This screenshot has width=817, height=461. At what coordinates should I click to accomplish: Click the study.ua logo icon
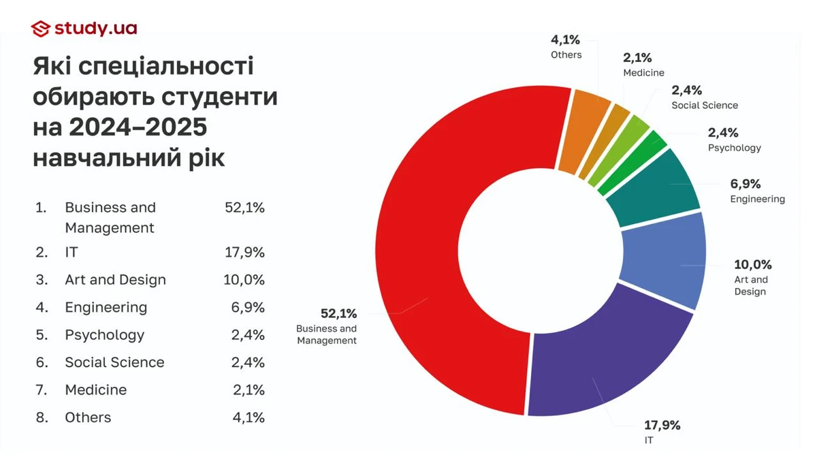click(x=41, y=28)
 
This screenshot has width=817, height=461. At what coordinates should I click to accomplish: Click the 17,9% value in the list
click(x=244, y=253)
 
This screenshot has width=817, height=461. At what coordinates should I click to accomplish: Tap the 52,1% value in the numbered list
click(x=244, y=208)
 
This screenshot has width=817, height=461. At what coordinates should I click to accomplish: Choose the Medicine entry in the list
click(x=96, y=390)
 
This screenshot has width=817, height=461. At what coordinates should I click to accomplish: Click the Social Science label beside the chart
click(x=705, y=106)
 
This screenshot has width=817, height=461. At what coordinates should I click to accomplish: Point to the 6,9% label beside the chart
click(x=745, y=184)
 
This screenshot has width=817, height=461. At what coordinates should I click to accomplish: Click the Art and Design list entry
click(x=115, y=280)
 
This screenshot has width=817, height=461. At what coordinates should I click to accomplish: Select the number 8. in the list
click(x=42, y=417)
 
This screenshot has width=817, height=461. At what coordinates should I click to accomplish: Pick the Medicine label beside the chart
click(x=643, y=73)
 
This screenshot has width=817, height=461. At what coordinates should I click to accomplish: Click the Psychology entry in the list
click(x=105, y=335)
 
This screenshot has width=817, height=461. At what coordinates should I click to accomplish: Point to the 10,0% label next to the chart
click(x=752, y=264)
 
